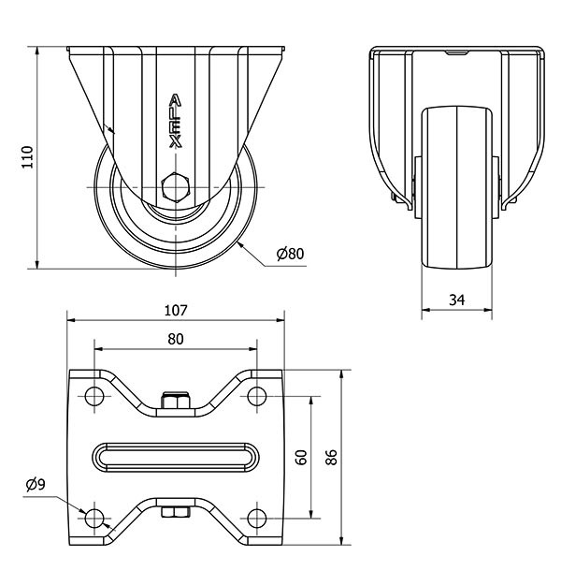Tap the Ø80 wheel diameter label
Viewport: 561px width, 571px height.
292,253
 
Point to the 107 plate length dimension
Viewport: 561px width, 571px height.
176,310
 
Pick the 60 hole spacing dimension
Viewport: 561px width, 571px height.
301,458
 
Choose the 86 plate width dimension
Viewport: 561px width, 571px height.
331,458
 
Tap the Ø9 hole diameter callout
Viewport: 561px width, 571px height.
34,484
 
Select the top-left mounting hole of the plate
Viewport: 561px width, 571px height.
93,396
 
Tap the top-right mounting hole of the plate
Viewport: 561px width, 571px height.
257,396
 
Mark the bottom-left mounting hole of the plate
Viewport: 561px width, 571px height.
93,519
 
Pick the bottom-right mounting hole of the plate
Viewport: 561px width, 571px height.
257,519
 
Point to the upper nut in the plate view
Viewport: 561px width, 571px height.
175,403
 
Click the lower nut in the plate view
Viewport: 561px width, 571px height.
175,512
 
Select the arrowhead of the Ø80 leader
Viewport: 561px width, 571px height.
238,242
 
